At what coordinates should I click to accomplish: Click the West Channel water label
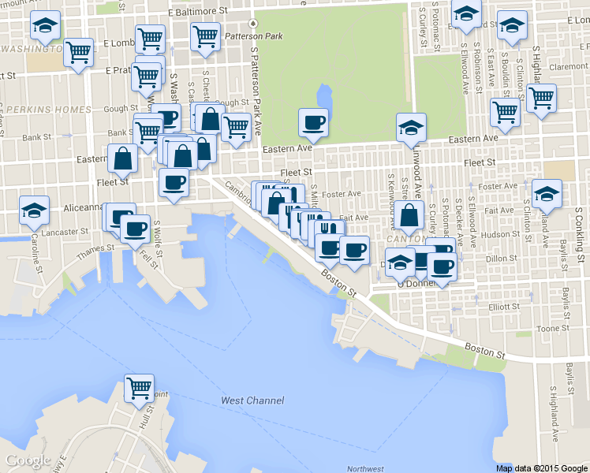(x=252, y=400)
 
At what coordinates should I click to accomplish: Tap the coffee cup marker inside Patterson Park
(x=313, y=122)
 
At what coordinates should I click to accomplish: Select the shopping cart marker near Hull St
(x=140, y=388)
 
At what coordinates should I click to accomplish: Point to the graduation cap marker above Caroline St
(x=34, y=210)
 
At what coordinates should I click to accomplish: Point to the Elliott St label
(x=505, y=307)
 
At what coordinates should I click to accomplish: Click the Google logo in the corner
(x=28, y=460)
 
